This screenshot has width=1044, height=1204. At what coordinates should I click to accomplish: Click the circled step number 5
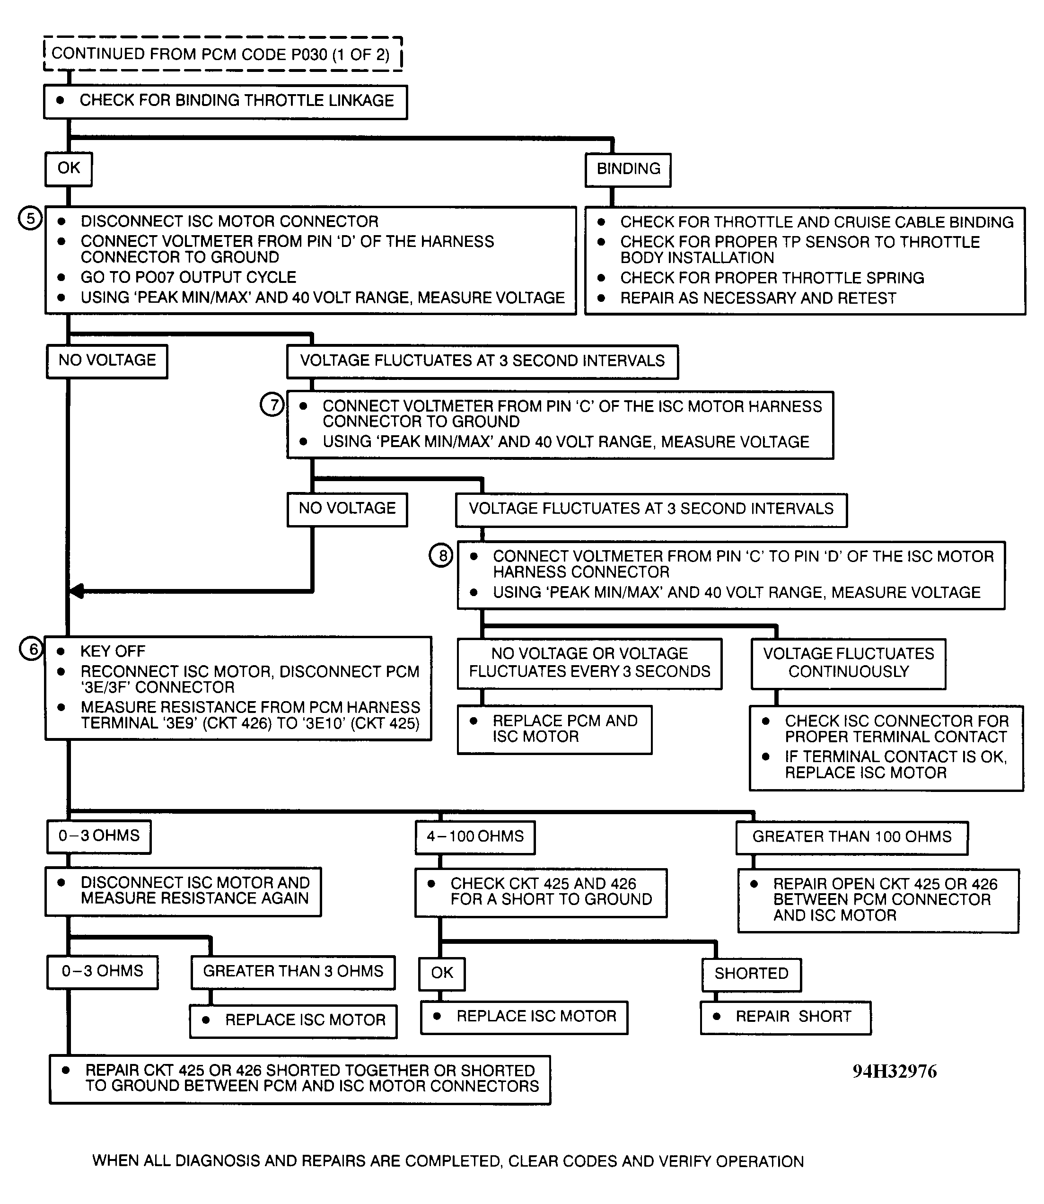point(30,219)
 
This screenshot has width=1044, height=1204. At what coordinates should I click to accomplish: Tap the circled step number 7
point(272,404)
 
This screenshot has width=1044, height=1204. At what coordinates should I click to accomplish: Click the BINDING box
point(628,169)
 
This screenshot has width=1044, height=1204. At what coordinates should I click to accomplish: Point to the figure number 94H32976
point(894,1071)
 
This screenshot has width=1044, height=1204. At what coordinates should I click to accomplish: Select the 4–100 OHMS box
point(475,837)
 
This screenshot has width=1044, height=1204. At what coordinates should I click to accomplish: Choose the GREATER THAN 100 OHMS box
point(852,838)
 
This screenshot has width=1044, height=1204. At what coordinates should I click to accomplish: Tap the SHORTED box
point(751,974)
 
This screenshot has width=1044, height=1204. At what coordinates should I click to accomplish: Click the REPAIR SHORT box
point(785,1018)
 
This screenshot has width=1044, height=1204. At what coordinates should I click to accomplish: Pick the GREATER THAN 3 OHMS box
point(293,972)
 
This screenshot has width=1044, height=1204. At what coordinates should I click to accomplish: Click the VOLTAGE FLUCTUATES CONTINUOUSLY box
point(848,663)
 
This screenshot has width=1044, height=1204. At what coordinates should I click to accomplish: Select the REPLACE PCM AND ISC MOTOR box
point(554,729)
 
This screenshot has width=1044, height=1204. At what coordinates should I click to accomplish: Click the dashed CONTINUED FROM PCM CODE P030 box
point(222,55)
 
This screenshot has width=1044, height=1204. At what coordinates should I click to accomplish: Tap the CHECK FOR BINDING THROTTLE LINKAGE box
point(226,101)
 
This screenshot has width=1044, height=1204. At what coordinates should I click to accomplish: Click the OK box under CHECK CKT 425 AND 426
point(442,973)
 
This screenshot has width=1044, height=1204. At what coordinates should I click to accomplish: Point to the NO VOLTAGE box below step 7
point(347,509)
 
